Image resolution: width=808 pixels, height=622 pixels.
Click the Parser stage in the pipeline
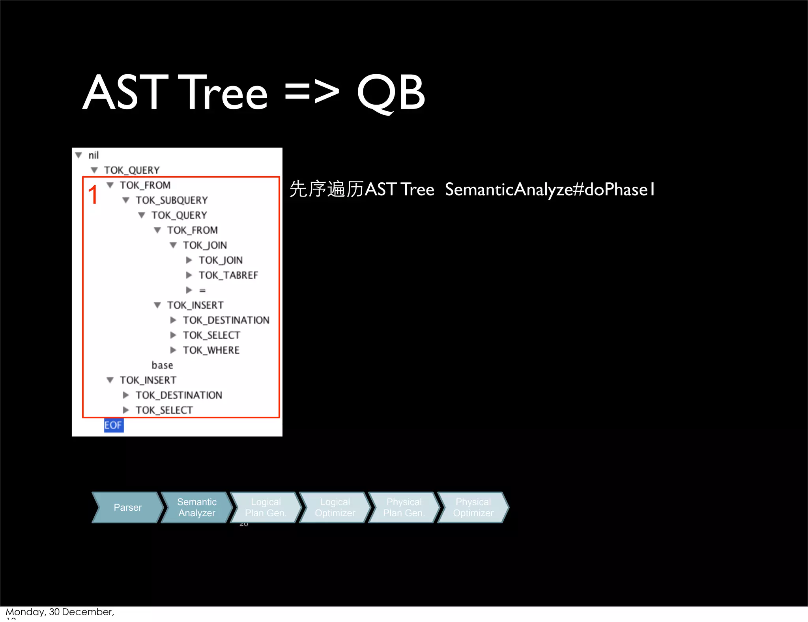tap(127, 508)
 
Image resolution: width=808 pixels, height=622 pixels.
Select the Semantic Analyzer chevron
tap(196, 508)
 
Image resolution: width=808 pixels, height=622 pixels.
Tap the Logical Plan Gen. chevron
tap(266, 508)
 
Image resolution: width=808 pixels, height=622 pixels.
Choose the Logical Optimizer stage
tap(335, 508)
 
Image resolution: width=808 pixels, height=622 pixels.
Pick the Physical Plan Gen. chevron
tap(404, 508)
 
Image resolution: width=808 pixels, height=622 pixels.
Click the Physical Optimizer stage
tap(473, 508)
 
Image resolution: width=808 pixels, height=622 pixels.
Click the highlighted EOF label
tap(113, 425)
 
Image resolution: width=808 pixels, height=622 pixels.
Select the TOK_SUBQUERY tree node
tap(172, 200)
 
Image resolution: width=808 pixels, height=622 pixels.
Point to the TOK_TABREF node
tap(228, 275)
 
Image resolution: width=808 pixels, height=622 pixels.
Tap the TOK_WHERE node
tap(211, 350)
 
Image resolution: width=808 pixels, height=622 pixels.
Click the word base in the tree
tap(162, 365)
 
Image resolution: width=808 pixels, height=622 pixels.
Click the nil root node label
tap(94, 155)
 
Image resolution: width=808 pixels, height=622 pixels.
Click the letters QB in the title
tap(391, 93)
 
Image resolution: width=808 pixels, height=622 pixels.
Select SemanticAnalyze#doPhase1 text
tap(550, 189)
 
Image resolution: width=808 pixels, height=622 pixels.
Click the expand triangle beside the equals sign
tap(189, 290)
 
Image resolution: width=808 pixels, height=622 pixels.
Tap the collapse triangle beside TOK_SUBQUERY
tap(126, 200)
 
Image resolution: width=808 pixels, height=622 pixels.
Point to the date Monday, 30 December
tap(60, 612)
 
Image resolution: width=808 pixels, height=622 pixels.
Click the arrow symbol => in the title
tap(312, 93)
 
